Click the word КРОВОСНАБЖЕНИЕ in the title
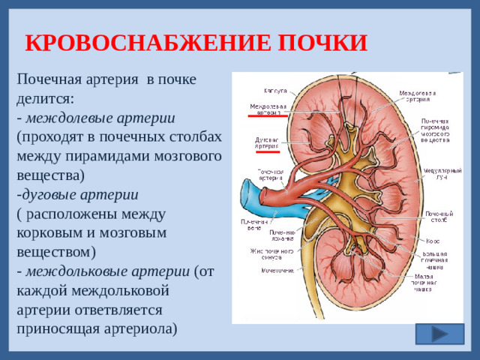(x=140, y=43)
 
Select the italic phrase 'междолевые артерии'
(x=100, y=118)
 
